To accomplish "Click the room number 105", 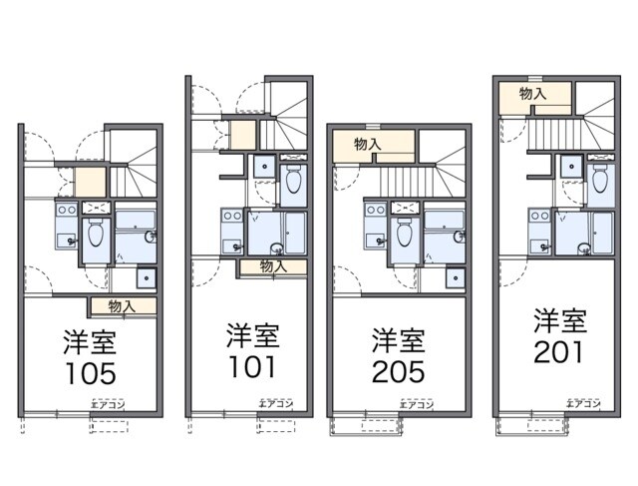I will point(90,373).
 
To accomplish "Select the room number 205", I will point(398,371).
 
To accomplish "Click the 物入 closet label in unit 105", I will point(123,306).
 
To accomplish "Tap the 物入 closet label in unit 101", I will point(274,265).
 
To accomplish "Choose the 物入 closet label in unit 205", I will point(368,144).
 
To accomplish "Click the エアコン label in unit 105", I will point(107,405).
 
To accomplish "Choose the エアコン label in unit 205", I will point(415,405).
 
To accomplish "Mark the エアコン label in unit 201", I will point(582,404).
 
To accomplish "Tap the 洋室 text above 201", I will point(558,321).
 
